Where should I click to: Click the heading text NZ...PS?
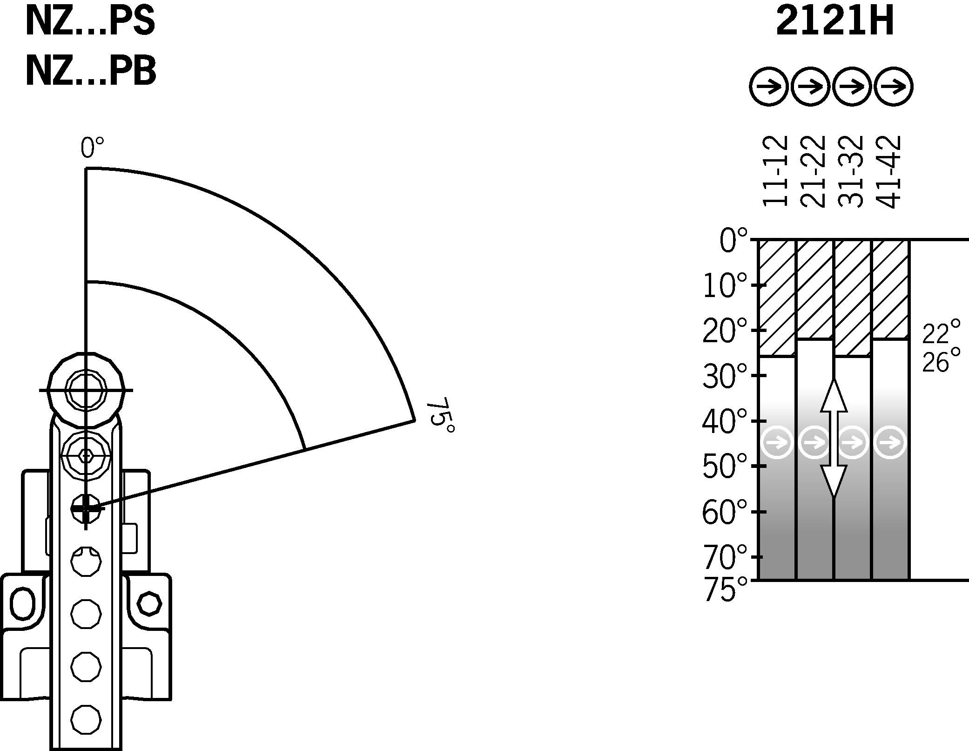[x=90, y=22]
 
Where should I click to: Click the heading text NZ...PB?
[x=90, y=71]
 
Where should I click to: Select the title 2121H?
[x=834, y=22]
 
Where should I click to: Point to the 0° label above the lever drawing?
[x=92, y=148]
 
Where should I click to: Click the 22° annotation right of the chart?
[x=941, y=332]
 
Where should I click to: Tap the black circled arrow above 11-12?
[x=769, y=87]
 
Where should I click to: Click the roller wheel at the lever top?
[x=86, y=390]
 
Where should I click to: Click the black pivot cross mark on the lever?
[x=86, y=509]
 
